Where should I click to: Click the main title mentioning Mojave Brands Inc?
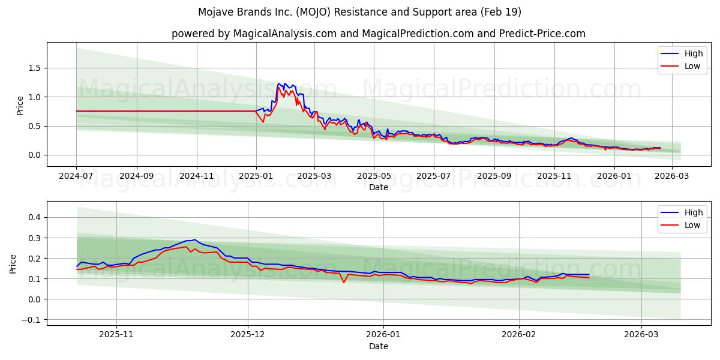(360, 12)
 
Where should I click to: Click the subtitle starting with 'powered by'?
(378, 34)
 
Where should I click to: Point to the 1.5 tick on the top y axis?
(35, 68)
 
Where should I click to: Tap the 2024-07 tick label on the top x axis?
(76, 176)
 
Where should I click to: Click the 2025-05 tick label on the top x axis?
(374, 176)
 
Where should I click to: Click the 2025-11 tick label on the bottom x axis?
(116, 335)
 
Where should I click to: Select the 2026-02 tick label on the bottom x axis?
(518, 335)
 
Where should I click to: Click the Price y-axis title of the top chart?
(20, 104)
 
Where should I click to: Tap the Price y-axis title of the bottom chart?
(13, 263)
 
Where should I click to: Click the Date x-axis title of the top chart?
(378, 187)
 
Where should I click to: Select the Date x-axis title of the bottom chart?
(378, 346)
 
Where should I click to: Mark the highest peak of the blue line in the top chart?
(279, 83)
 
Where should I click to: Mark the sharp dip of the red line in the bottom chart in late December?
(344, 283)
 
